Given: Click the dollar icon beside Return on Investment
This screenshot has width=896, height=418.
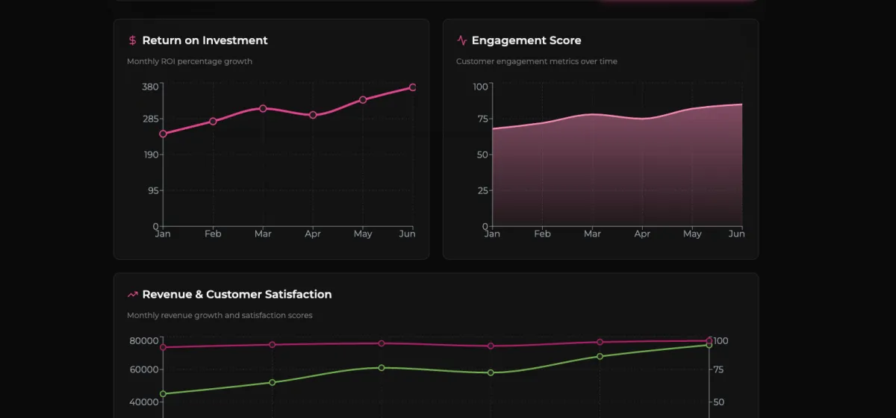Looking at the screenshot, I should pyautogui.click(x=132, y=40).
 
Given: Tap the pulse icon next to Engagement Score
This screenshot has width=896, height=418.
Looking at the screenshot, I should pyautogui.click(x=461, y=40).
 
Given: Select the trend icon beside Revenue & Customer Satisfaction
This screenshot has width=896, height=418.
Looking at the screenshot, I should pyautogui.click(x=132, y=294).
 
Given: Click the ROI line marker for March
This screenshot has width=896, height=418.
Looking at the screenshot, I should pyautogui.click(x=263, y=108).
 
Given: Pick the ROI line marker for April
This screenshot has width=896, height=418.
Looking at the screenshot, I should pyautogui.click(x=313, y=115).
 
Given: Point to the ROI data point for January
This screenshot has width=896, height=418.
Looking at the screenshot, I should pyautogui.click(x=163, y=134).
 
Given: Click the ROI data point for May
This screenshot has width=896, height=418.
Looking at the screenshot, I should pyautogui.click(x=363, y=99).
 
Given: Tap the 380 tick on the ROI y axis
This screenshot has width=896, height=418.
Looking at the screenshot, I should pyautogui.click(x=149, y=87).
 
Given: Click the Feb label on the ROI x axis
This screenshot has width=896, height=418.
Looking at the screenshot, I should pyautogui.click(x=213, y=234).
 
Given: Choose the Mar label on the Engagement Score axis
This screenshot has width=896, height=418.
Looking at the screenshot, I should pyautogui.click(x=592, y=234).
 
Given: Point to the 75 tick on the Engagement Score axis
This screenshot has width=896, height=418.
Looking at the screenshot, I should pyautogui.click(x=482, y=119).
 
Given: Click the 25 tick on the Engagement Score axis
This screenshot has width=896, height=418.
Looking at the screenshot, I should pyautogui.click(x=482, y=190).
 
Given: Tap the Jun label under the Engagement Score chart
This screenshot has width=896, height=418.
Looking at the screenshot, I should pyautogui.click(x=736, y=234).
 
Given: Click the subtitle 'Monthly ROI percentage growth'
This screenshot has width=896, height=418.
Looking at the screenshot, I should pyautogui.click(x=190, y=61).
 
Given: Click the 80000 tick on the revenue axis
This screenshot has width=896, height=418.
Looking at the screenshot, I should pyautogui.click(x=143, y=340).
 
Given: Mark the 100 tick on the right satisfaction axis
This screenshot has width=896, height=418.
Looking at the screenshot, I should pyautogui.click(x=721, y=340).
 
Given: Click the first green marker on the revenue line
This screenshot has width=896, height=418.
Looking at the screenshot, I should pyautogui.click(x=163, y=393).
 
